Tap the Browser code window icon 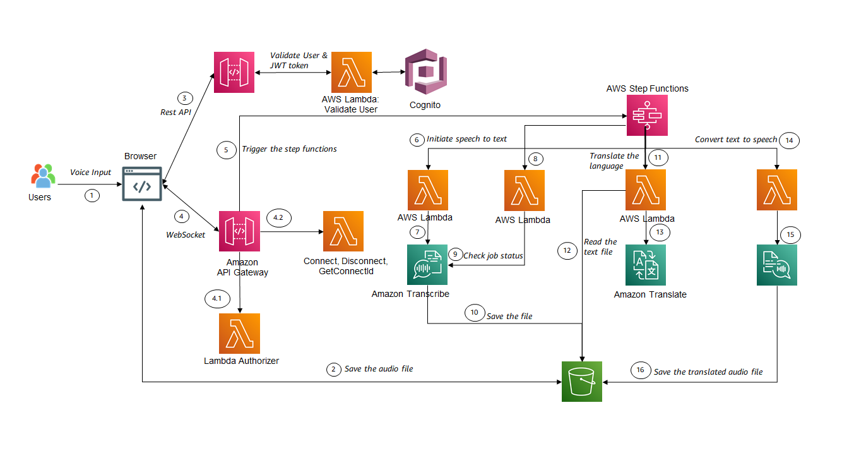click(x=141, y=184)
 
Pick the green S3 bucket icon click(x=582, y=382)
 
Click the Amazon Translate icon click(x=646, y=265)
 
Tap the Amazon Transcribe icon click(x=428, y=265)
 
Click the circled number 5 click(x=225, y=150)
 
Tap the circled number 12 click(x=566, y=251)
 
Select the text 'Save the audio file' click(x=379, y=368)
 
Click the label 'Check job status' click(x=493, y=255)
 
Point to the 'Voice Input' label click(x=90, y=172)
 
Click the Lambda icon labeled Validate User click(x=352, y=73)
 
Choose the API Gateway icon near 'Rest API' click(x=234, y=72)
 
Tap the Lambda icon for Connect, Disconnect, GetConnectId click(x=343, y=232)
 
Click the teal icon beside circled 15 click(x=776, y=265)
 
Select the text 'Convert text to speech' click(x=735, y=140)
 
